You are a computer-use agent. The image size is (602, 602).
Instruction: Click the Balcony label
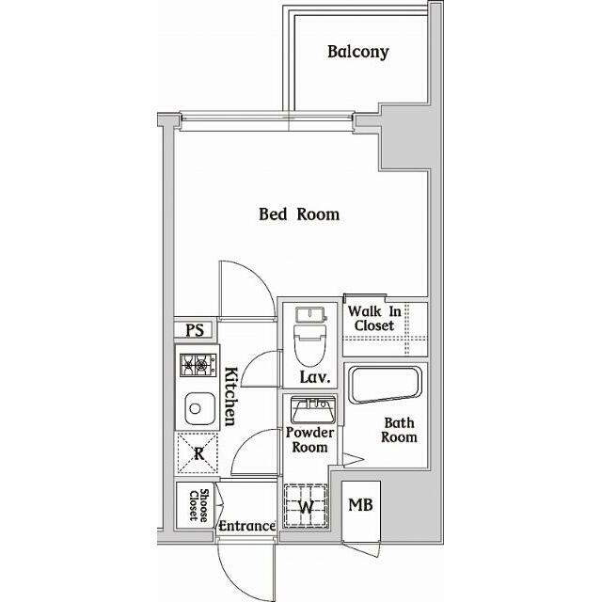click(x=357, y=52)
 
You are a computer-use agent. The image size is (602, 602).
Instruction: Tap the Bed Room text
click(x=299, y=214)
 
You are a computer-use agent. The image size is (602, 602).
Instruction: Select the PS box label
click(x=195, y=330)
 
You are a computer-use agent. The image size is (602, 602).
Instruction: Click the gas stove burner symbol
click(x=197, y=363)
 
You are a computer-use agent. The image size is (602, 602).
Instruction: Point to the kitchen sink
click(x=198, y=407)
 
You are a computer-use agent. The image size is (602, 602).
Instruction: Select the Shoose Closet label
click(x=198, y=506)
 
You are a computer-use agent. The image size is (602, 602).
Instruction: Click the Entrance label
click(x=246, y=527)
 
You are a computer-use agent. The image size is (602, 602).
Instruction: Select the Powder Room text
click(x=309, y=439)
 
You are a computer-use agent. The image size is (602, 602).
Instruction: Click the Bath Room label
click(x=399, y=430)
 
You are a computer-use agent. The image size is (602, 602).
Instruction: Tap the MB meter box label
click(x=360, y=505)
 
